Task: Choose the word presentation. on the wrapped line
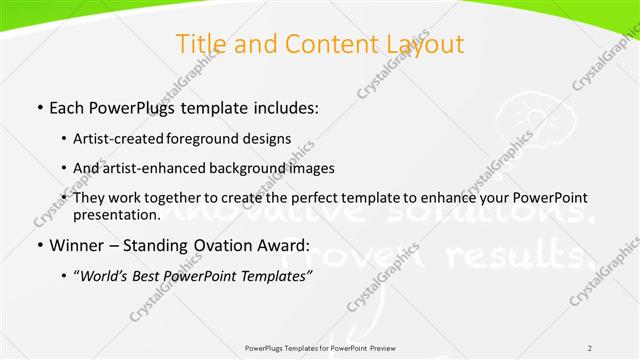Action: [116, 214]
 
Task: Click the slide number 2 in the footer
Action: [590, 347]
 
